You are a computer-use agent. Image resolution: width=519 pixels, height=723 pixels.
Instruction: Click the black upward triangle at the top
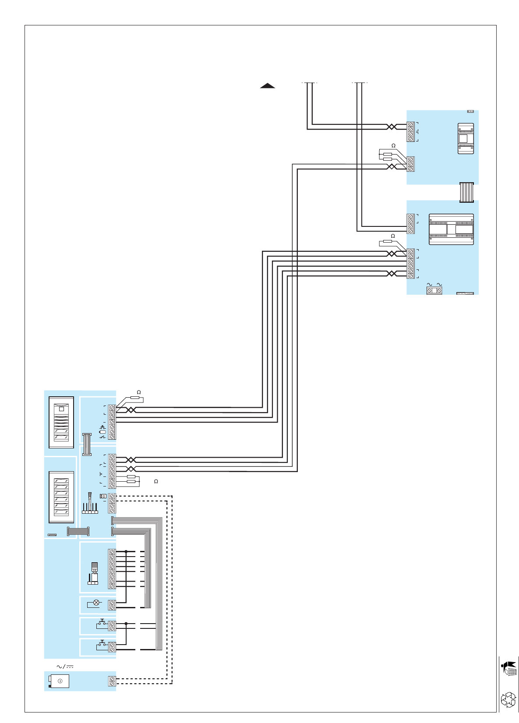[267, 86]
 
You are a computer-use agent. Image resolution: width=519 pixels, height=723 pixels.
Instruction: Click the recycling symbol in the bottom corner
[508, 699]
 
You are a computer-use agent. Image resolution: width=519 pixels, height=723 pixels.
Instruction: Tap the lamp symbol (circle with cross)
[96, 603]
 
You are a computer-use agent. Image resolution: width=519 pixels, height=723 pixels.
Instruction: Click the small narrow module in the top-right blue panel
[466, 138]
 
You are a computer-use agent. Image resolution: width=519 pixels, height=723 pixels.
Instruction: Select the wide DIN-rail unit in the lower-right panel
[451, 229]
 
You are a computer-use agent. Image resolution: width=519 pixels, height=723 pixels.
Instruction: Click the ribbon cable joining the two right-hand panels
[466, 192]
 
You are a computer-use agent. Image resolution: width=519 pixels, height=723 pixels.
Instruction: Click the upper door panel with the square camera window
[61, 422]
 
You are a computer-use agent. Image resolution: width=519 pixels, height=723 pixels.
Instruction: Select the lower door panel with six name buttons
[61, 497]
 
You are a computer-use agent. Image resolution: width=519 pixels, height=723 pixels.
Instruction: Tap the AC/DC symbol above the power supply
[65, 667]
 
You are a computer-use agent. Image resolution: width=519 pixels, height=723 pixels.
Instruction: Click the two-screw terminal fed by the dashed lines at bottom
[112, 681]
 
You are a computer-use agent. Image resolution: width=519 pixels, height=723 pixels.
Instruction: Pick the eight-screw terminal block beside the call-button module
[112, 569]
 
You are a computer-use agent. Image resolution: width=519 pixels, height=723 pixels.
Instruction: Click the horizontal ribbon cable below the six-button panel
[78, 531]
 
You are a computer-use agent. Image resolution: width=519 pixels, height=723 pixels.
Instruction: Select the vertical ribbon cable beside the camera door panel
[87, 444]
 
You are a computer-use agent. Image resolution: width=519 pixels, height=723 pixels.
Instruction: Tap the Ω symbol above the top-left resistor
[139, 392]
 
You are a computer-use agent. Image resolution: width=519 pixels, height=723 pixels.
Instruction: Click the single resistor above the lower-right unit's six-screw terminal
[387, 241]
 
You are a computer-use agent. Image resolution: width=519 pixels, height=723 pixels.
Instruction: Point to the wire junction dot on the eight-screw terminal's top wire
[126, 551]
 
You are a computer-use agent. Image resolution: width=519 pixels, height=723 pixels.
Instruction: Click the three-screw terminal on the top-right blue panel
[410, 164]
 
